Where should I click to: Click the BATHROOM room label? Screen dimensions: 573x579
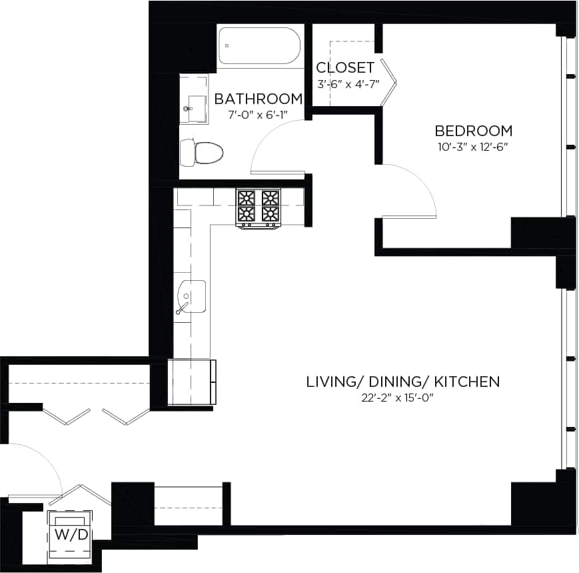pyautogui.click(x=258, y=99)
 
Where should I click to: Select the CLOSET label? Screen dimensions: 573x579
pyautogui.click(x=344, y=68)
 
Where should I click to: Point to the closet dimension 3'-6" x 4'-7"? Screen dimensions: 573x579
pyautogui.click(x=347, y=84)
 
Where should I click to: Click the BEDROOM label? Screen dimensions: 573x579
pyautogui.click(x=474, y=131)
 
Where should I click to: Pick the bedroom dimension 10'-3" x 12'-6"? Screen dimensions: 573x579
pyautogui.click(x=474, y=146)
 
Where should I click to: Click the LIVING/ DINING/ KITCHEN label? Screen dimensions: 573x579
pyautogui.click(x=402, y=382)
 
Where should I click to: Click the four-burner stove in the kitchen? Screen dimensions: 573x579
pyautogui.click(x=259, y=206)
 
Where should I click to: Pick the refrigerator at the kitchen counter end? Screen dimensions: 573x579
pyautogui.click(x=192, y=382)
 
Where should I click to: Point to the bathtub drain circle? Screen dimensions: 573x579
pyautogui.click(x=227, y=46)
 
